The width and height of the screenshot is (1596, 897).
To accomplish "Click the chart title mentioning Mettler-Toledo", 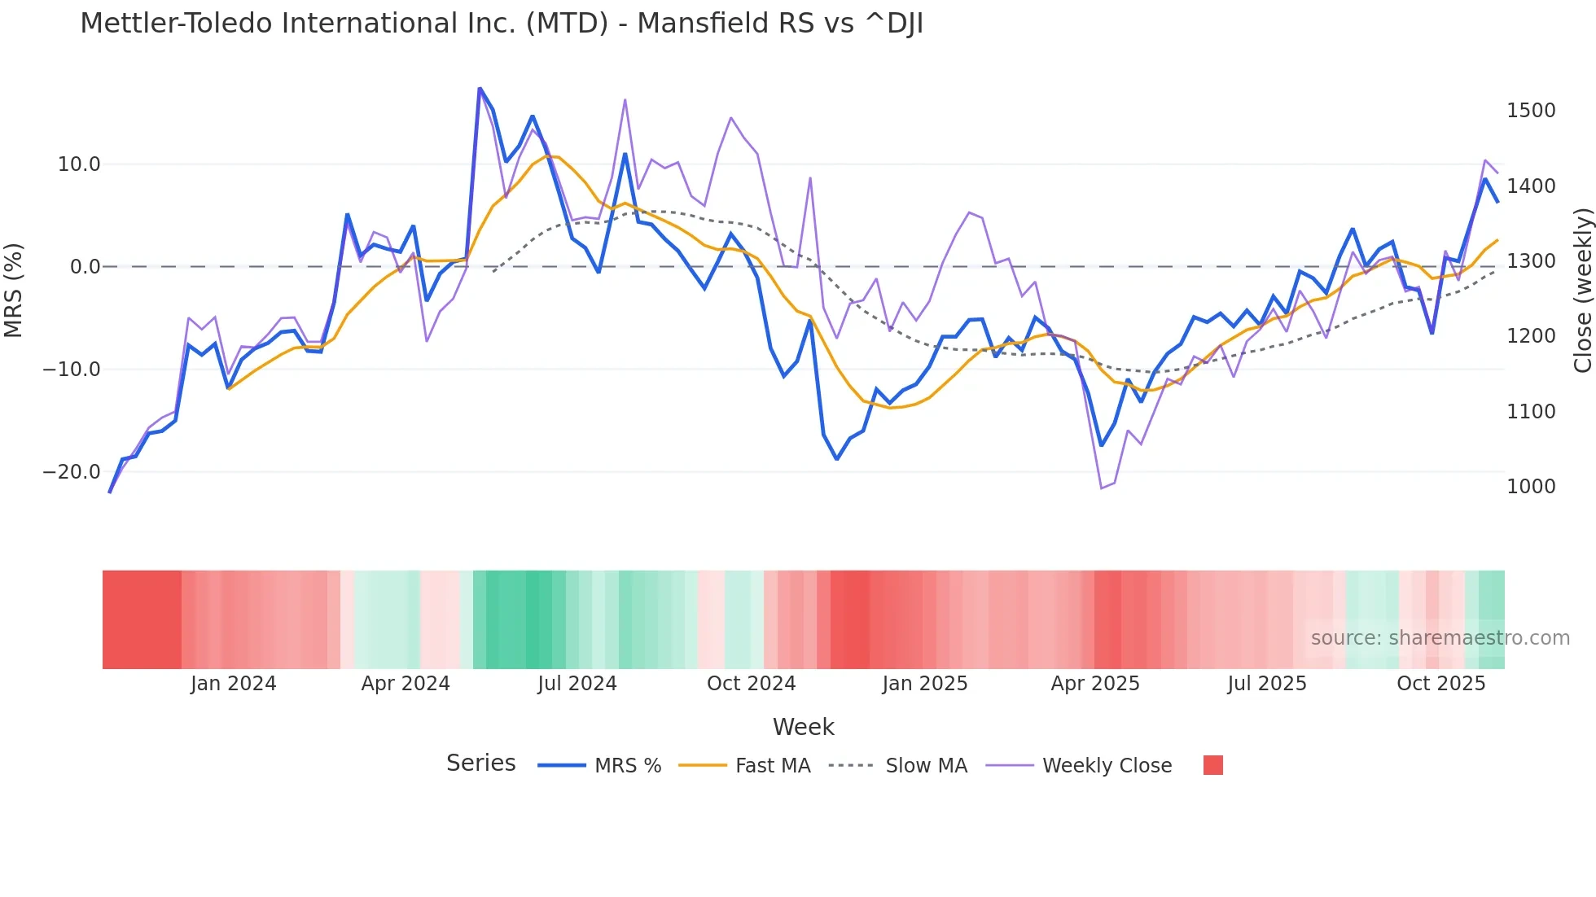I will [502, 24].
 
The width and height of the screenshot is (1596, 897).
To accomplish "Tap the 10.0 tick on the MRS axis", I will [79, 164].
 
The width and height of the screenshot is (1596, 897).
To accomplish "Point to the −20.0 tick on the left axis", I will [72, 472].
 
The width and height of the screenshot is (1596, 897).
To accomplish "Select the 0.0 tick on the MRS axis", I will [85, 267].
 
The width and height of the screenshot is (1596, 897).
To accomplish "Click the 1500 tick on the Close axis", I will [1531, 111].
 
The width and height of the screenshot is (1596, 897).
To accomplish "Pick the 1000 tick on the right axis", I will [1531, 487].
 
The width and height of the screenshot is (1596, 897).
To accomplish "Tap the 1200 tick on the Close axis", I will [1531, 336].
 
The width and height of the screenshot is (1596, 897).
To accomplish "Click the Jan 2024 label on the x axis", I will [234, 684].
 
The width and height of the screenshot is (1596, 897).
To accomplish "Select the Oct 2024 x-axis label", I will [751, 684].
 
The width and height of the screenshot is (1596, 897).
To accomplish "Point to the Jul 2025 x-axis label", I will [1267, 684].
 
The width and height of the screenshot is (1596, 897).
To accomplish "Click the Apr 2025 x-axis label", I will [1095, 684].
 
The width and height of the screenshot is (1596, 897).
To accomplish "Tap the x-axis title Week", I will [803, 727].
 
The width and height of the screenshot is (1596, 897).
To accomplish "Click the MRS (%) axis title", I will [14, 291].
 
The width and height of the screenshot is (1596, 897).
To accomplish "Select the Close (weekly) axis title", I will [1582, 291].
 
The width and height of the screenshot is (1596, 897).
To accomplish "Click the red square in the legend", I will [1213, 765].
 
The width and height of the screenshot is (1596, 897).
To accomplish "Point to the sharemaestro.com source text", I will [1440, 638].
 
